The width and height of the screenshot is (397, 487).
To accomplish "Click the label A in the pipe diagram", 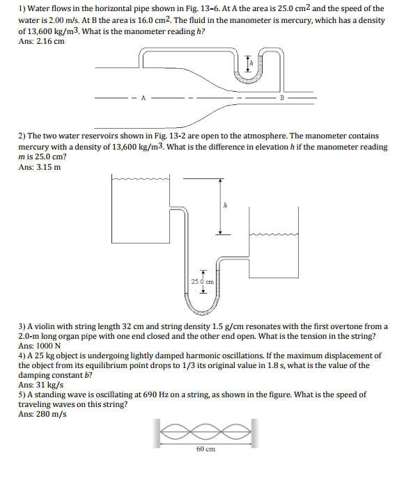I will (144, 97).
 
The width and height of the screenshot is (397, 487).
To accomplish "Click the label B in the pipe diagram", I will (281, 97).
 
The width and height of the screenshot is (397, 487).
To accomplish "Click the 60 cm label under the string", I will (205, 449).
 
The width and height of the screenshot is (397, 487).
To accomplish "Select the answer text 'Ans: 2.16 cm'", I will (41, 41).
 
